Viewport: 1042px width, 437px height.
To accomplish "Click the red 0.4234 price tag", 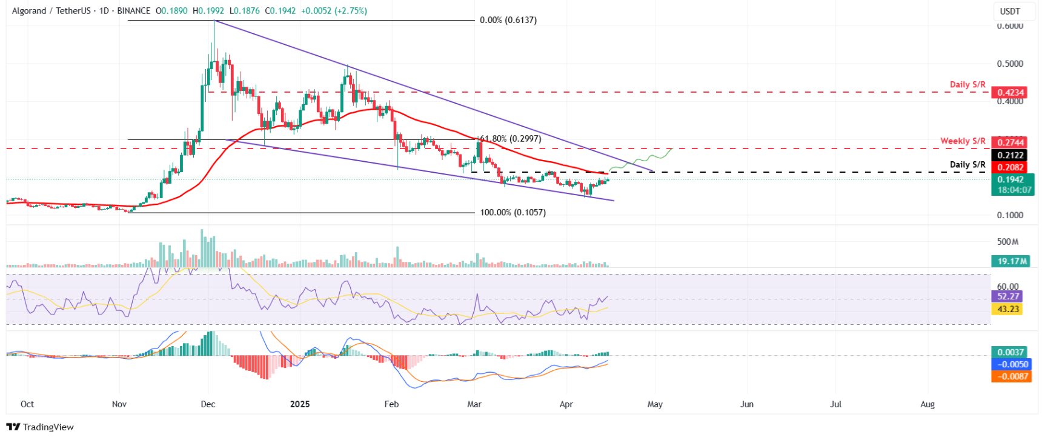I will [x=1010, y=93].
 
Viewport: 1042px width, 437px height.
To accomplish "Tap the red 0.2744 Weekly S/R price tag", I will [x=1010, y=142].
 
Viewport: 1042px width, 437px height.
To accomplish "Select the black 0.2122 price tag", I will [x=1010, y=155].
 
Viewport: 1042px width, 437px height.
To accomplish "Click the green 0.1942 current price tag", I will [x=1010, y=179].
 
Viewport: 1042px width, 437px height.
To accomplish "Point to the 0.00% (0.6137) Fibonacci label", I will [x=508, y=20].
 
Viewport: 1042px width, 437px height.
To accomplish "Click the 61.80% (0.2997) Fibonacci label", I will [x=510, y=139].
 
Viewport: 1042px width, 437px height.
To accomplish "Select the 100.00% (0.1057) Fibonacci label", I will [x=513, y=213].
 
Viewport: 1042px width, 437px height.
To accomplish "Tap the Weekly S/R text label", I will [x=962, y=141].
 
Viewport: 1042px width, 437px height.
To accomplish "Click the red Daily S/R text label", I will [x=967, y=85].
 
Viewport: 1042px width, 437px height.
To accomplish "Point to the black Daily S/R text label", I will [x=967, y=165].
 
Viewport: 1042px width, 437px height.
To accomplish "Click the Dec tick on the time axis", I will [x=208, y=404].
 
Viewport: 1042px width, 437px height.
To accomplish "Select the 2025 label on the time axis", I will [x=300, y=404].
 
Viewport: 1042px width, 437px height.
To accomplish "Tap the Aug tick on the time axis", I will [x=927, y=404].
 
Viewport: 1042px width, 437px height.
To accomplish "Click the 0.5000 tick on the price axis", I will [x=1010, y=64].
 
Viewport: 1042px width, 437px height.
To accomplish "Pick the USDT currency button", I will [x=1010, y=12].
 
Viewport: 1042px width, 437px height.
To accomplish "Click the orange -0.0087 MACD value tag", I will [x=1010, y=376].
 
